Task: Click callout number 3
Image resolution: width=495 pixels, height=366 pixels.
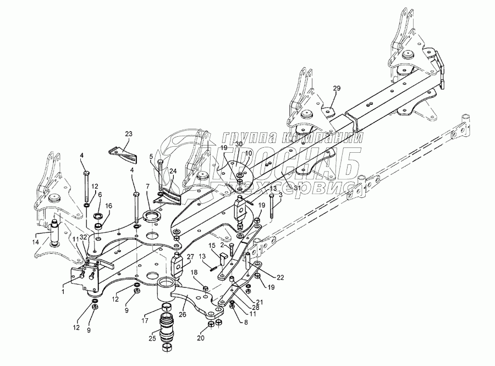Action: (280, 195)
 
